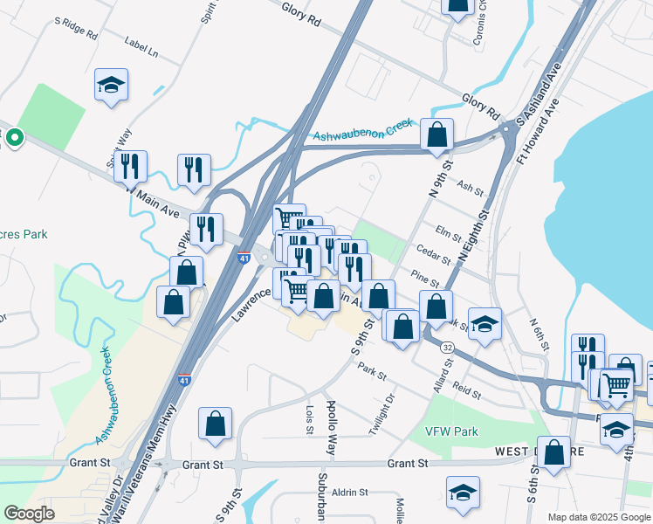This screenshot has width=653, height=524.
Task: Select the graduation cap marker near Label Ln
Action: pyautogui.click(x=111, y=86)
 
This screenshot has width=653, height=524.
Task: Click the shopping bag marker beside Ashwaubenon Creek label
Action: pyautogui.click(x=436, y=135)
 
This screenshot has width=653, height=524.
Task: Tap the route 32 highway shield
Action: pyautogui.click(x=447, y=347)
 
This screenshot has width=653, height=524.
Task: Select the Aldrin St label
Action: pyautogui.click(x=350, y=493)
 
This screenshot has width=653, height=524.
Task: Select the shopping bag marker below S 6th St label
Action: pyautogui.click(x=553, y=452)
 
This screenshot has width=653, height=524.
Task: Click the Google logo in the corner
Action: pyautogui.click(x=29, y=514)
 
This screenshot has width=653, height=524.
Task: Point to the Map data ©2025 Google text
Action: pyautogui.click(x=597, y=517)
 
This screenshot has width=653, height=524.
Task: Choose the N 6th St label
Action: pyautogui.click(x=539, y=334)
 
